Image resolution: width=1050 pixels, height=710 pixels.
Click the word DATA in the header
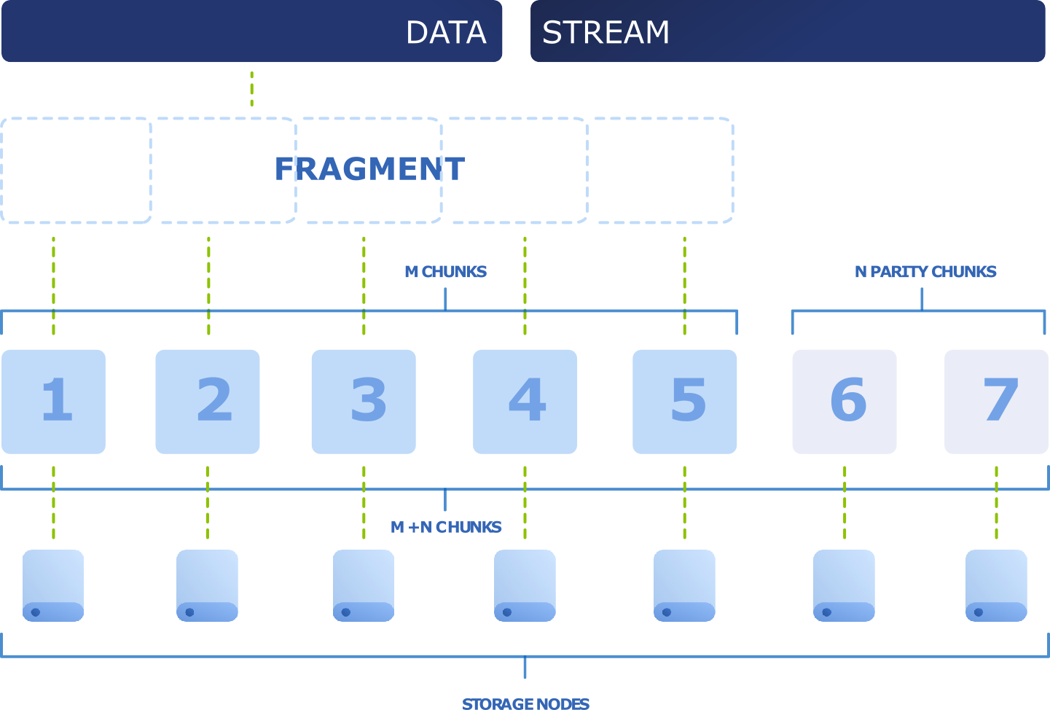pyautogui.click(x=446, y=32)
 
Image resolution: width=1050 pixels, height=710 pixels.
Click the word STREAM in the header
pyautogui.click(x=606, y=32)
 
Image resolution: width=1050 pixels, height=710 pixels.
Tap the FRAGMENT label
pyautogui.click(x=369, y=169)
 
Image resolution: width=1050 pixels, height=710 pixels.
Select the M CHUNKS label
pyautogui.click(x=445, y=271)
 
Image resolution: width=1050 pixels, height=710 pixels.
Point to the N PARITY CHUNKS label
pyautogui.click(x=925, y=271)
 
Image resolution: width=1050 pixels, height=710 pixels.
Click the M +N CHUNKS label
pyautogui.click(x=446, y=527)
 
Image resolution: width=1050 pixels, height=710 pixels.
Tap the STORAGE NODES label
pyautogui.click(x=525, y=704)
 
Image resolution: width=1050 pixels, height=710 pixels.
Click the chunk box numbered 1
pyautogui.click(x=53, y=402)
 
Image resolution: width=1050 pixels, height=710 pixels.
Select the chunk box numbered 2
pyautogui.click(x=208, y=402)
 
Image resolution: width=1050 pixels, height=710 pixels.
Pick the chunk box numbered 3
pyautogui.click(x=364, y=402)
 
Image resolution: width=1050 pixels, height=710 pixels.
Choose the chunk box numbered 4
pyautogui.click(x=525, y=402)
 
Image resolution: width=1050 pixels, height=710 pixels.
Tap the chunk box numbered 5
pyautogui.click(x=685, y=402)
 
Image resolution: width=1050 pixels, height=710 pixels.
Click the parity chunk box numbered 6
pyautogui.click(x=845, y=402)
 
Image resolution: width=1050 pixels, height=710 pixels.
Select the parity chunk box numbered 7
pyautogui.click(x=997, y=402)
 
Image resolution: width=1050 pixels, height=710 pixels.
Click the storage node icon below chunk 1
pyautogui.click(x=53, y=586)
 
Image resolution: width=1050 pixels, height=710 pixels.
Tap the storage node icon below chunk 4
pyautogui.click(x=525, y=586)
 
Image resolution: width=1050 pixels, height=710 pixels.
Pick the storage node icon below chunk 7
pyautogui.click(x=997, y=586)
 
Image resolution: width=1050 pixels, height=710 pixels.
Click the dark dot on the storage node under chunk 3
pyautogui.click(x=346, y=612)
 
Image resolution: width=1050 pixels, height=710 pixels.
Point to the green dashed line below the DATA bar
pyautogui.click(x=252, y=89)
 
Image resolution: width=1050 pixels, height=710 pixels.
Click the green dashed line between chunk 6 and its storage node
pyautogui.click(x=845, y=502)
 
